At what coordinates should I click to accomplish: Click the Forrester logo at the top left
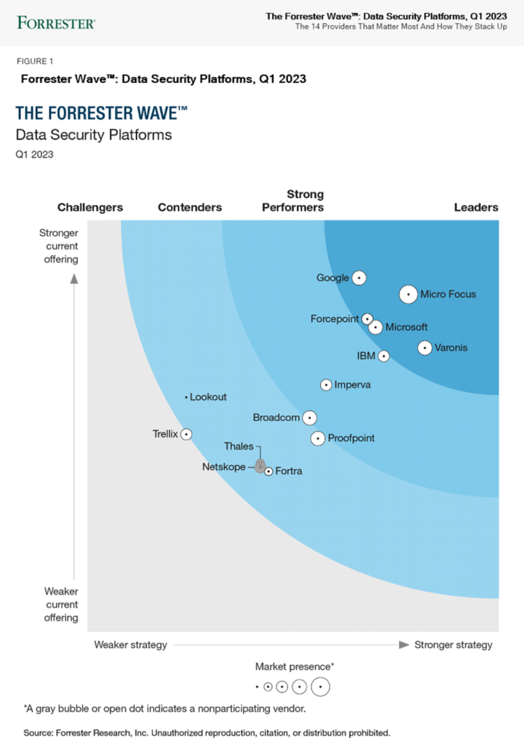55,22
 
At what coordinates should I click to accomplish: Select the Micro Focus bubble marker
408,294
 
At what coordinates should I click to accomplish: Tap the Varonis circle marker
425,348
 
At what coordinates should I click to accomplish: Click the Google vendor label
333,278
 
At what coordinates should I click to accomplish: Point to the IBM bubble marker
384,356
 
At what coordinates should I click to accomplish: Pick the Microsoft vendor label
407,327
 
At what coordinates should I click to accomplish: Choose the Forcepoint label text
335,319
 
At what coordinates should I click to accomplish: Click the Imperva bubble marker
326,385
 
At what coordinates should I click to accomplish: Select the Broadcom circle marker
310,417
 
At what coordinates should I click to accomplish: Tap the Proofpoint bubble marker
317,438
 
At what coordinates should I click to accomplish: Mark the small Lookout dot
186,397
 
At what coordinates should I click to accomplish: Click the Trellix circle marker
186,434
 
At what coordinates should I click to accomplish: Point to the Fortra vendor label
289,471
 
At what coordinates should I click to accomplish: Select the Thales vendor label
238,447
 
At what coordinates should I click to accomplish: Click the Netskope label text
224,467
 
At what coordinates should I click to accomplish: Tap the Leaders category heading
476,208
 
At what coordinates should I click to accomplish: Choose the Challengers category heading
90,208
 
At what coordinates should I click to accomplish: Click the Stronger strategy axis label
453,644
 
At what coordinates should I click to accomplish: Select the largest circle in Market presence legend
320,687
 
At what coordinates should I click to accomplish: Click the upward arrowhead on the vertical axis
73,279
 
